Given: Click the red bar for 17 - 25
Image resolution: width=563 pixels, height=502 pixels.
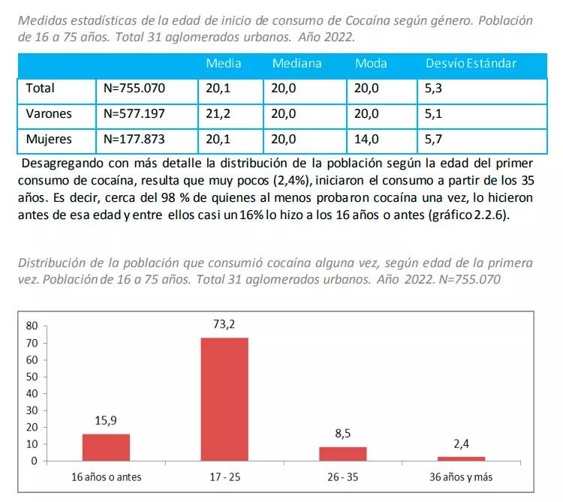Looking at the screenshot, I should pyautogui.click(x=224, y=398).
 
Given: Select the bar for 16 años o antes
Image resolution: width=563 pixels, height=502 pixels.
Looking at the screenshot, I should pyautogui.click(x=106, y=446).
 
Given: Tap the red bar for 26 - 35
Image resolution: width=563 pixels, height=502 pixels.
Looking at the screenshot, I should pyautogui.click(x=342, y=453).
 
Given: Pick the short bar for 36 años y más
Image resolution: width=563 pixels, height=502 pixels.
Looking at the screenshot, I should pyautogui.click(x=461, y=458).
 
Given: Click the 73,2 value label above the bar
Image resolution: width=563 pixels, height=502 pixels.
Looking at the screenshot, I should pyautogui.click(x=224, y=324).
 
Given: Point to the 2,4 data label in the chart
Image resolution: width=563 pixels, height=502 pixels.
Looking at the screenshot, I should pyautogui.click(x=461, y=444).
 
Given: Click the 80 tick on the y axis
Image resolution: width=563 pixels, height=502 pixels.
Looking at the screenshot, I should pyautogui.click(x=32, y=326).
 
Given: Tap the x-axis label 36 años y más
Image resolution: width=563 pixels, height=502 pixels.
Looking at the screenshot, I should pyautogui.click(x=461, y=477).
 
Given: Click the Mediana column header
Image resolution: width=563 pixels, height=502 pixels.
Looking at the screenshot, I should pyautogui.click(x=297, y=63).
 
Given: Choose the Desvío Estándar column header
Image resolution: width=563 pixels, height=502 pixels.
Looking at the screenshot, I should pyautogui.click(x=471, y=63).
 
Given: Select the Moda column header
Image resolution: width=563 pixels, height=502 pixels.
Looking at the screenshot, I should pyautogui.click(x=371, y=63).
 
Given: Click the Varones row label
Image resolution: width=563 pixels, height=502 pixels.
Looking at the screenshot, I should pyautogui.click(x=49, y=114).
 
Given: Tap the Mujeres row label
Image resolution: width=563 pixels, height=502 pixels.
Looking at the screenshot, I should pyautogui.click(x=49, y=139).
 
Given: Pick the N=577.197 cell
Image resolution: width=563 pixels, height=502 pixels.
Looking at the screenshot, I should pyautogui.click(x=134, y=114).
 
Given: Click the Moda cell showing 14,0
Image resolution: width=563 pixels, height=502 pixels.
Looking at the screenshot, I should pyautogui.click(x=366, y=139).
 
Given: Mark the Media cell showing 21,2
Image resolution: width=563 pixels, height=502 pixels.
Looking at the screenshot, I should pyautogui.click(x=218, y=114).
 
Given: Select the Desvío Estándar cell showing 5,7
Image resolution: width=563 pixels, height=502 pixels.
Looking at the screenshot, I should pyautogui.click(x=435, y=139).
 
